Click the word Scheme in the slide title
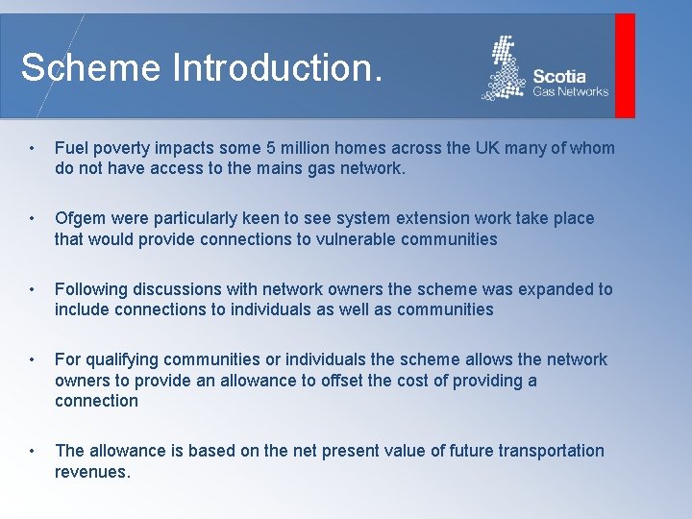point(91,68)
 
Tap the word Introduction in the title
point(277,68)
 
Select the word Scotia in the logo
point(558,76)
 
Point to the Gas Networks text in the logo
point(571,91)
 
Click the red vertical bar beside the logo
point(625,65)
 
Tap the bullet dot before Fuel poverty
point(33,149)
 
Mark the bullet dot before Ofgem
point(33,219)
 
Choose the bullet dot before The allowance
point(33,451)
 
